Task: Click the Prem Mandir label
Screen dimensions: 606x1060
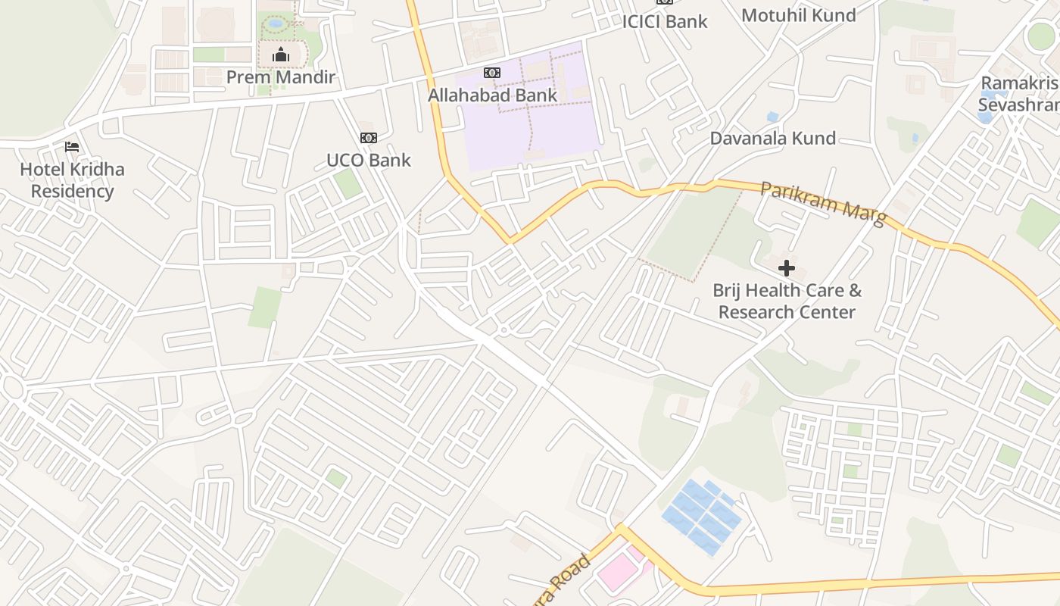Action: coord(280,77)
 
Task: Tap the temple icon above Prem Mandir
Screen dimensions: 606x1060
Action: coord(281,55)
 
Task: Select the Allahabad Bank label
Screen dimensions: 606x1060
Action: coord(492,95)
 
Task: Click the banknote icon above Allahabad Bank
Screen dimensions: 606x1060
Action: coord(492,73)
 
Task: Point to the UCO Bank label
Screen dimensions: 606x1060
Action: coord(369,160)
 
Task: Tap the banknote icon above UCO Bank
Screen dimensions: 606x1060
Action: coord(369,137)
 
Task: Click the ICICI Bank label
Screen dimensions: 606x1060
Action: coord(665,21)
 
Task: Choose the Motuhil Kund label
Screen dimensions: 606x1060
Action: coord(799,15)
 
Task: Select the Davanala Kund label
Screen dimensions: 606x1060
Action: coord(773,138)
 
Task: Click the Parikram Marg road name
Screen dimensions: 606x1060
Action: coord(823,202)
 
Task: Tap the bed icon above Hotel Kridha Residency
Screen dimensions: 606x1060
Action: coord(72,146)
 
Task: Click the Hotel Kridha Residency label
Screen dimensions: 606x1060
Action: coord(72,180)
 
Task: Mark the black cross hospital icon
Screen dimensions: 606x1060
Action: coord(787,267)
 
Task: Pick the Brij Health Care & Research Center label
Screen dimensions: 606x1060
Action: coord(787,301)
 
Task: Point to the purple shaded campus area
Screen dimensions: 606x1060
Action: coord(530,114)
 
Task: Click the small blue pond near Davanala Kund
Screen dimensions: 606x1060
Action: coord(772,117)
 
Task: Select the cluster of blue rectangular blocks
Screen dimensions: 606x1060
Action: coord(701,515)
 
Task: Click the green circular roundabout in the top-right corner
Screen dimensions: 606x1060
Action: coord(1041,36)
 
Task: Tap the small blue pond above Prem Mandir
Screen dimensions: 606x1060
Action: coord(276,23)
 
